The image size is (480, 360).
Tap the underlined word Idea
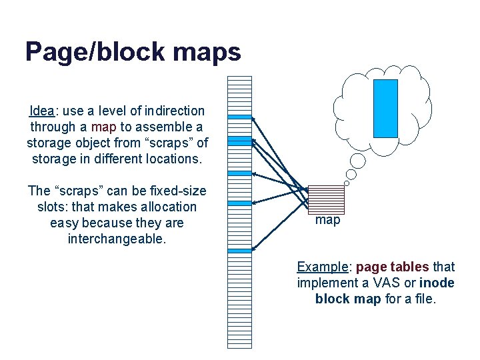(x=43, y=110)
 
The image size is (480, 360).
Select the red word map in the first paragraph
(x=103, y=127)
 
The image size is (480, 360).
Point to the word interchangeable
(x=117, y=239)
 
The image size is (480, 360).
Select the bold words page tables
(x=393, y=267)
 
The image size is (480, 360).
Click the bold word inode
(x=437, y=283)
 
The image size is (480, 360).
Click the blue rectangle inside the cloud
(x=385, y=108)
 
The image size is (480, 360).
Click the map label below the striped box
(x=327, y=220)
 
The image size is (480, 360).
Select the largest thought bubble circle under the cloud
(x=358, y=161)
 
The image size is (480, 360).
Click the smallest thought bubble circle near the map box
(x=347, y=183)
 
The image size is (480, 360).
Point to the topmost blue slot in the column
(x=240, y=117)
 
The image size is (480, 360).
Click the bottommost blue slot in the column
(x=240, y=251)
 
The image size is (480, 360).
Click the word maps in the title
(x=209, y=51)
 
